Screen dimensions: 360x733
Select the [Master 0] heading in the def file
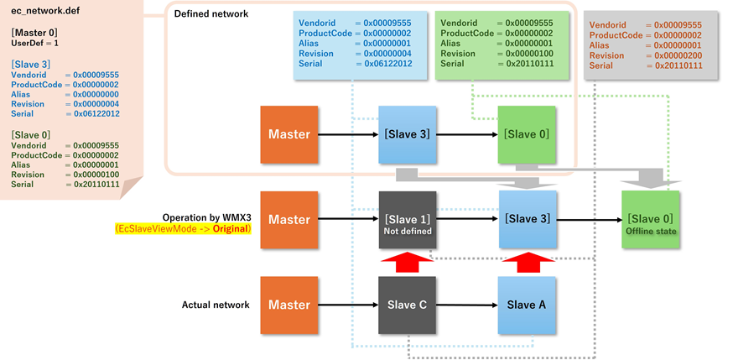(35, 32)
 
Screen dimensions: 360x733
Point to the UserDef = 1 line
(35, 42)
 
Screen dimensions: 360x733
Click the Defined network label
(211, 14)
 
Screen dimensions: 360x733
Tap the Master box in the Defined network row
(289, 134)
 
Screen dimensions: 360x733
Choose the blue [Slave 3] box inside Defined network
(407, 134)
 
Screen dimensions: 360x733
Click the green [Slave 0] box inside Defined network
(527, 134)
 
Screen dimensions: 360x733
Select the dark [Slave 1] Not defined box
(407, 220)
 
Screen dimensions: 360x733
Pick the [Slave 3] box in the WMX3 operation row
(527, 219)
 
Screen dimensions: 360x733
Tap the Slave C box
(407, 305)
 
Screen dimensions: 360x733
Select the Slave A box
(527, 305)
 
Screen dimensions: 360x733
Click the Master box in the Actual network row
(289, 305)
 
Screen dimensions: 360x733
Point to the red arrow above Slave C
(407, 262)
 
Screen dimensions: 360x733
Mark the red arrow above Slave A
(527, 262)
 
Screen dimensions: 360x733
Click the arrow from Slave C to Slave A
(467, 305)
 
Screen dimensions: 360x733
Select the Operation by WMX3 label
(206, 217)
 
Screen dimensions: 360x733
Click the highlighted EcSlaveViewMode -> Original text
(183, 228)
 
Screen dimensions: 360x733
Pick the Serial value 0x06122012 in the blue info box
(382, 64)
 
